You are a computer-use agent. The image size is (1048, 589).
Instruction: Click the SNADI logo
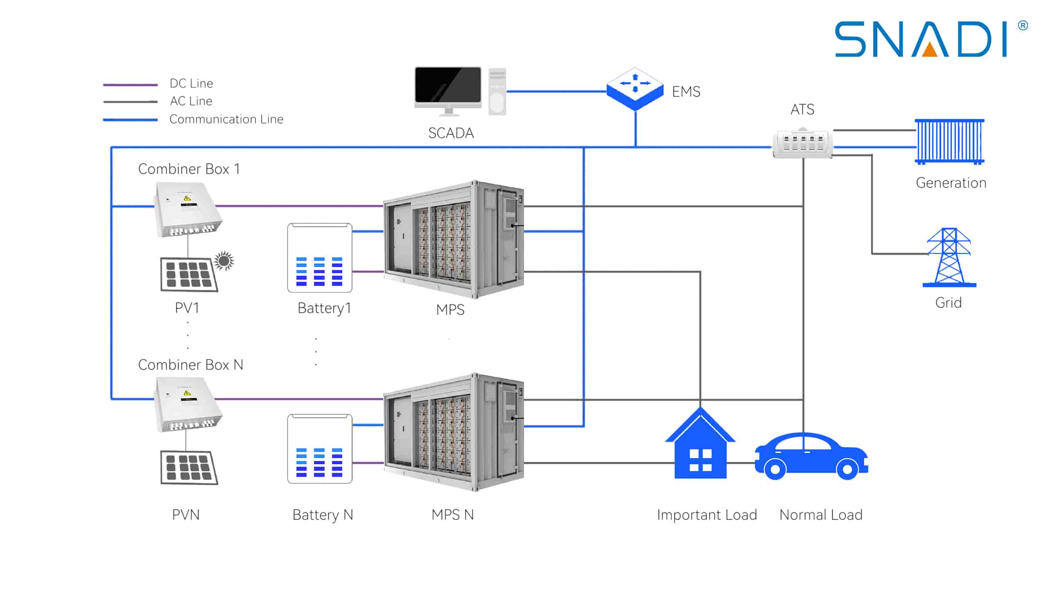tap(921, 39)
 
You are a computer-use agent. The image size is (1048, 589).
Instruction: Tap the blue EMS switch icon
tap(635, 88)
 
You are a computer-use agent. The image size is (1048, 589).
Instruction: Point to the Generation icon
tap(949, 142)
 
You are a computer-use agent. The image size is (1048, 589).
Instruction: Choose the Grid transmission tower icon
tap(949, 258)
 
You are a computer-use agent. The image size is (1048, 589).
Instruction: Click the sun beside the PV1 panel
tap(224, 260)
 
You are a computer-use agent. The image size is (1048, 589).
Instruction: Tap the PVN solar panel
tap(189, 468)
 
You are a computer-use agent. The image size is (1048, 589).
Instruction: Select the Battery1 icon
tap(320, 258)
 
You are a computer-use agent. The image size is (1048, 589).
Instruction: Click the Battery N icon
tap(320, 449)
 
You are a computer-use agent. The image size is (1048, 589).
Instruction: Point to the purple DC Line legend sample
tap(130, 85)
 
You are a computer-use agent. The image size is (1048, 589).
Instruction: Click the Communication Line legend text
tap(226, 119)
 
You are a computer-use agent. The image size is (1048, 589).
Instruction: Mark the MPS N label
tap(452, 515)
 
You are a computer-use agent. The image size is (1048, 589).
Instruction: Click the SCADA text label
tap(451, 133)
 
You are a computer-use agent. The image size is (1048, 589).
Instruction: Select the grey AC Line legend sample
tap(130, 101)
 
